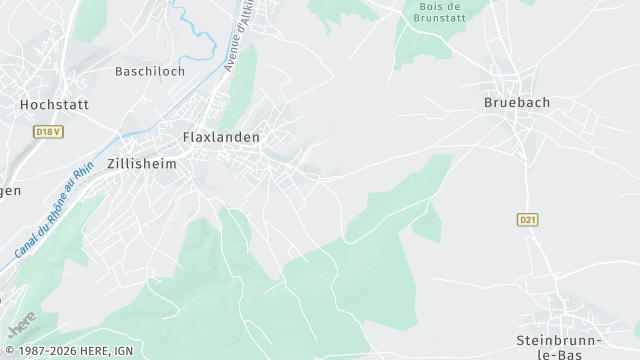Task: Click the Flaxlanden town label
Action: tap(221, 137)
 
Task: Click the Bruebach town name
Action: tap(517, 102)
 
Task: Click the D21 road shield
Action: tap(528, 219)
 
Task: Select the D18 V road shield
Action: tap(48, 131)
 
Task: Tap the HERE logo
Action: tap(21, 323)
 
